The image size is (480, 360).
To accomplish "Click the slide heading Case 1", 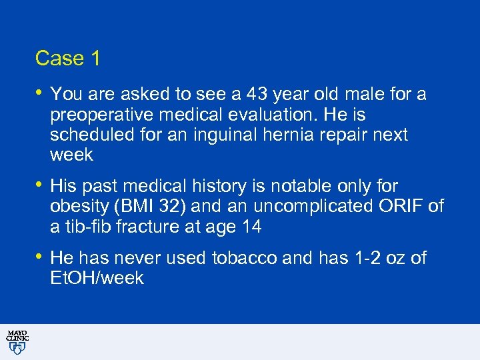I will pyautogui.click(x=67, y=59).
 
